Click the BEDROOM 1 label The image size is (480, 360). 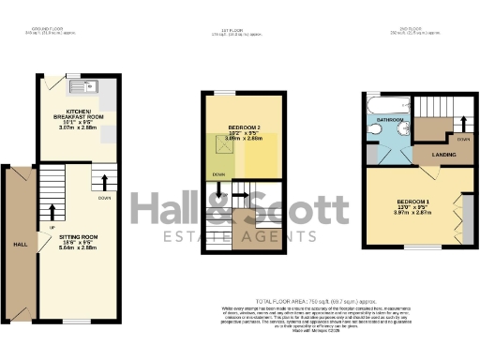tap(412, 202)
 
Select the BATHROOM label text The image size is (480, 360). tap(391, 121)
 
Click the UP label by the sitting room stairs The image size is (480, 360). tap(52, 228)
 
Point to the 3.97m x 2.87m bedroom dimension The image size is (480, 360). tap(412, 215)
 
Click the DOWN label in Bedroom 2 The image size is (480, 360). tap(217, 175)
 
